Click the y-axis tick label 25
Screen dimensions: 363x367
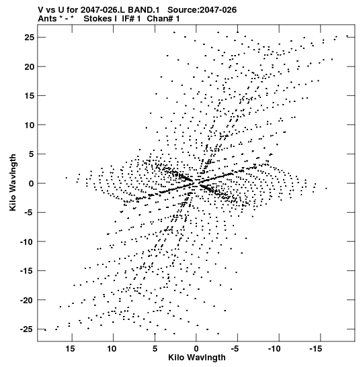(30, 38)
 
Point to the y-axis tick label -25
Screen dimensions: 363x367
(27, 329)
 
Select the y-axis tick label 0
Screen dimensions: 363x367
(32, 184)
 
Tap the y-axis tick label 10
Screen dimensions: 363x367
(30, 125)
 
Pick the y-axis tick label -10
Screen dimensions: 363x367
(27, 242)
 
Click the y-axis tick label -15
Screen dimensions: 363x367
(27, 271)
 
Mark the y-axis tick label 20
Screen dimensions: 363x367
(30, 67)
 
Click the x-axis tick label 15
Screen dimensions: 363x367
(71, 349)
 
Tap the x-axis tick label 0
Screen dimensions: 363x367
(196, 349)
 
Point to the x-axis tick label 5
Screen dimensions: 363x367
(155, 349)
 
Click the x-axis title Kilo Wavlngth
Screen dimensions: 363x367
(197, 358)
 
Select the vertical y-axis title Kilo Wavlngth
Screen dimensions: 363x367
(13, 182)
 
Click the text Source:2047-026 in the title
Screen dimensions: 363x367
(202, 10)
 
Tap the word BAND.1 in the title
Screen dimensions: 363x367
(143, 10)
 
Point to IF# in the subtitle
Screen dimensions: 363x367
(128, 19)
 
